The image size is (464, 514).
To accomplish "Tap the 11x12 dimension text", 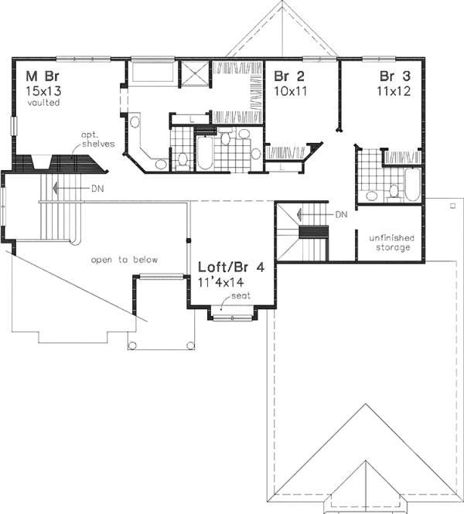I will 394,90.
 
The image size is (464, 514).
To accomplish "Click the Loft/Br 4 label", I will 232,267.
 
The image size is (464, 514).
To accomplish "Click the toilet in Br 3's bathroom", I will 393,189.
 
